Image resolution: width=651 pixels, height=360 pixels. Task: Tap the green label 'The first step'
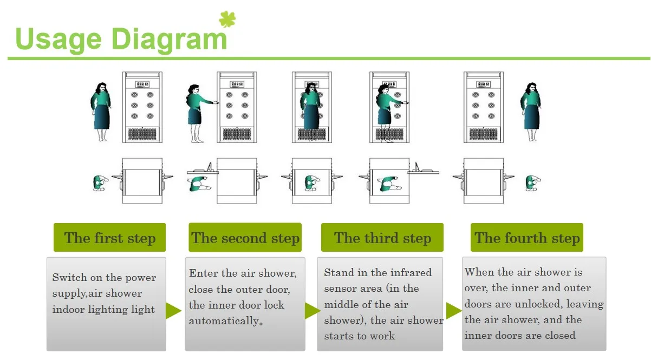(109, 238)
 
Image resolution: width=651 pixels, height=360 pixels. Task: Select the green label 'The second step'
(245, 238)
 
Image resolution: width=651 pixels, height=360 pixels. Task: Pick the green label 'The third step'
(382, 238)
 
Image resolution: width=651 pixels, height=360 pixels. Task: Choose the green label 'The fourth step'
(527, 238)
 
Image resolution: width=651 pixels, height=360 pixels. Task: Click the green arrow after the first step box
(173, 311)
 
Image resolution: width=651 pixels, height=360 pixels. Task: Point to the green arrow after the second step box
(312, 311)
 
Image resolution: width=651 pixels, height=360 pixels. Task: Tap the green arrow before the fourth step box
(453, 310)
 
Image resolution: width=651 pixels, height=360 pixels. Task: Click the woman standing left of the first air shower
(100, 112)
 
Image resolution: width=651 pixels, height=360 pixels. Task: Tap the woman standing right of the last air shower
(531, 112)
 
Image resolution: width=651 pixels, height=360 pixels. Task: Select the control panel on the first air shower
(142, 84)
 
